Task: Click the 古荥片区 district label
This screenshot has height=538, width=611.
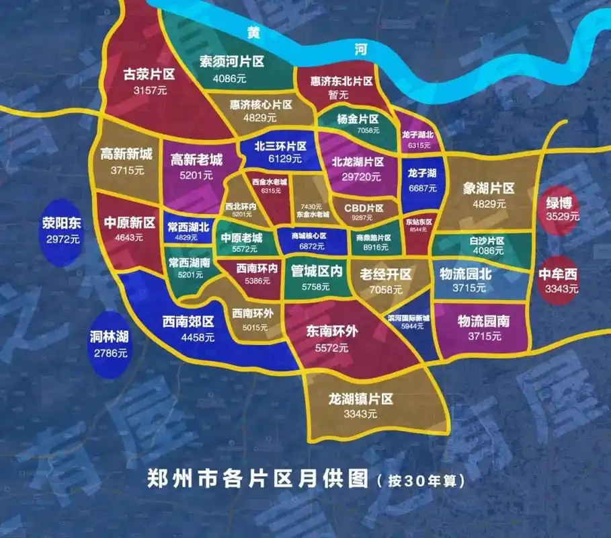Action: [149, 74]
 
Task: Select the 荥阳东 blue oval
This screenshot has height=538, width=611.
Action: [61, 229]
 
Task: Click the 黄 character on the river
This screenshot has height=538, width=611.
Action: [253, 32]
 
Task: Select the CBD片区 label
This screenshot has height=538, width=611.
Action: [364, 208]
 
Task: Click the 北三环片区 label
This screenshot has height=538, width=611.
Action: [280, 146]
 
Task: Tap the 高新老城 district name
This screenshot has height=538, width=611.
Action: [196, 160]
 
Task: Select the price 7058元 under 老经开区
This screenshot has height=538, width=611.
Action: [386, 290]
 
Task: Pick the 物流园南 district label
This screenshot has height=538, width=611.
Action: [483, 321]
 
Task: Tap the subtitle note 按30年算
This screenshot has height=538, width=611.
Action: [420, 482]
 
